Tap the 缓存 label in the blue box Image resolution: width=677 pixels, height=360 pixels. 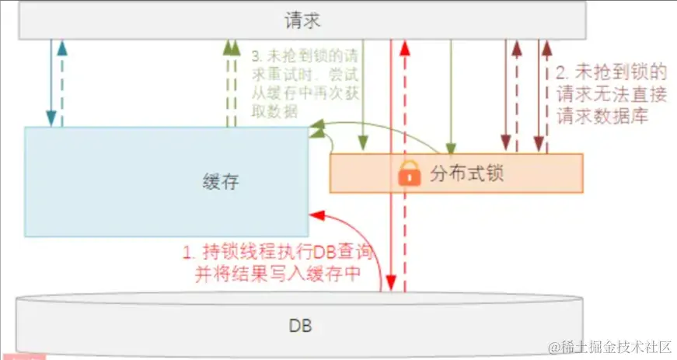click(219, 182)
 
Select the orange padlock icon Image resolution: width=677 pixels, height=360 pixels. click(409, 173)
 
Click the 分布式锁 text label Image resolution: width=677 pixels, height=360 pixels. click(467, 173)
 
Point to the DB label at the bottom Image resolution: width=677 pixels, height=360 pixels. click(299, 325)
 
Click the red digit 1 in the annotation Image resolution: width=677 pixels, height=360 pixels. click(187, 253)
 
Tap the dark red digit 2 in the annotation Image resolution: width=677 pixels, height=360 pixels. click(561, 74)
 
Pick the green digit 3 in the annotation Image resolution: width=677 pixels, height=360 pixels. click(257, 58)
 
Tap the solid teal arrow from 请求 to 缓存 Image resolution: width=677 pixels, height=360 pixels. click(51, 82)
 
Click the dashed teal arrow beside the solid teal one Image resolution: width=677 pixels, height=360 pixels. click(62, 82)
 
